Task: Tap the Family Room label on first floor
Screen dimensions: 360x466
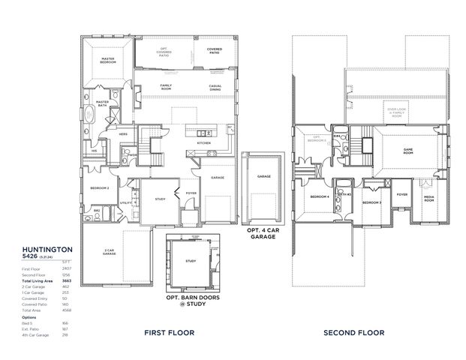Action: [x=167, y=87]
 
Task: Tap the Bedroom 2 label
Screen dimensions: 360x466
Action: [x=100, y=187]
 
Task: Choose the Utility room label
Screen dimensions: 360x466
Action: [x=125, y=202]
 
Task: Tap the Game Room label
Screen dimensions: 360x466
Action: [x=408, y=150]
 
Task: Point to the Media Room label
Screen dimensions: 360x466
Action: [x=428, y=198]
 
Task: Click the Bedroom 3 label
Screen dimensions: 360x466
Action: [x=373, y=202]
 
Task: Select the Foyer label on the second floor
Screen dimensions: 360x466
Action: [x=402, y=194]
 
